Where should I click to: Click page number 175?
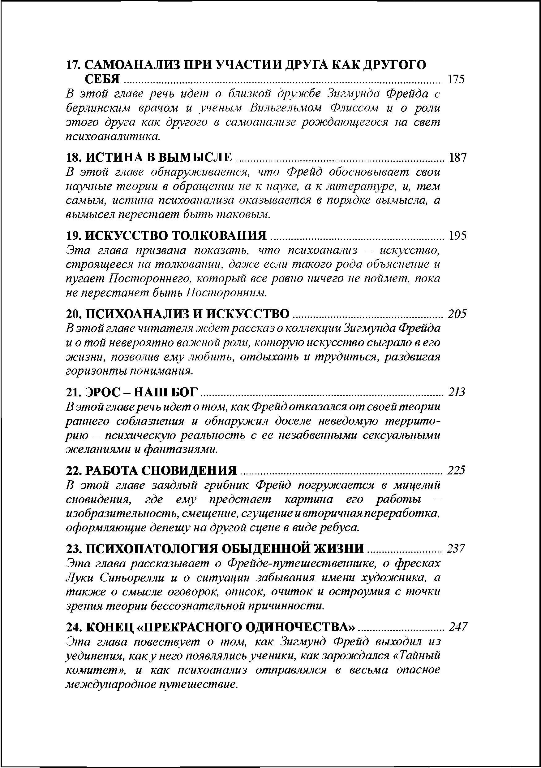tap(456, 79)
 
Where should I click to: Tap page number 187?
tap(457, 157)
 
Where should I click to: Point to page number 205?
tap(457, 314)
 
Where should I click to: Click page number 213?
tap(457, 392)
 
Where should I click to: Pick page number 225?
tap(457, 470)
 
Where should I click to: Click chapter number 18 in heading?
tap(74, 157)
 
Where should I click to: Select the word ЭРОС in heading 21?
tap(101, 392)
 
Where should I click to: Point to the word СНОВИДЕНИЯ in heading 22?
tap(189, 470)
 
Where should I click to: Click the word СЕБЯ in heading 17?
tap(102, 79)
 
